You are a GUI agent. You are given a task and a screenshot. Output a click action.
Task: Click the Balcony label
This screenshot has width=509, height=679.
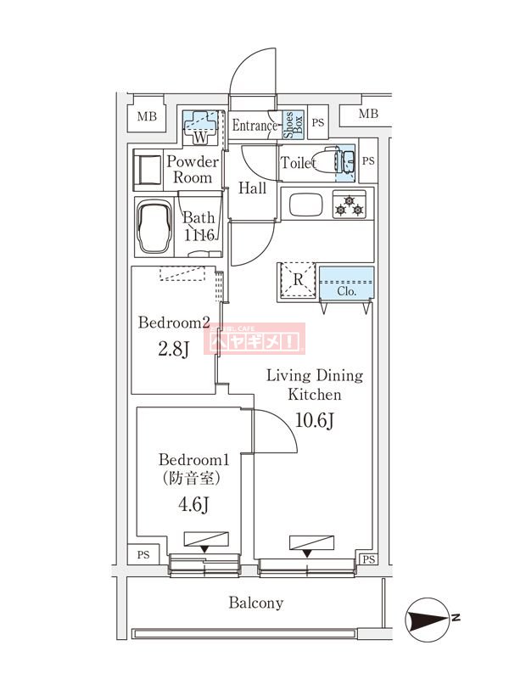255,603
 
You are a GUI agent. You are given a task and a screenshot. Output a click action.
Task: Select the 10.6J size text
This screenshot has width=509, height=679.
314,418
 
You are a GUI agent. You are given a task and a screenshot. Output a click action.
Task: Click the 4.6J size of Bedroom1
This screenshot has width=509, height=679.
194,504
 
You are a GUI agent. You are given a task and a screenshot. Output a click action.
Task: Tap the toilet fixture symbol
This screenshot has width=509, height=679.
325,161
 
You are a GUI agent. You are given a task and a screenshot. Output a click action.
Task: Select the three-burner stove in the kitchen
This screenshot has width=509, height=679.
348,205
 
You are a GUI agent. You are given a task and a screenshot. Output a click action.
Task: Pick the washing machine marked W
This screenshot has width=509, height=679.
200,127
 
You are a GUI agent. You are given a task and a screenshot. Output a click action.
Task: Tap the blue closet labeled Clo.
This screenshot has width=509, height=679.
346,283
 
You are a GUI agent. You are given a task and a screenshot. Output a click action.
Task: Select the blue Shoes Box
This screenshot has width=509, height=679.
288,125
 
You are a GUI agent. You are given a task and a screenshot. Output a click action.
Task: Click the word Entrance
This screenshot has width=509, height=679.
255,126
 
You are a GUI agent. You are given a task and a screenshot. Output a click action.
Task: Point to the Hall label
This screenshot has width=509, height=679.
252,188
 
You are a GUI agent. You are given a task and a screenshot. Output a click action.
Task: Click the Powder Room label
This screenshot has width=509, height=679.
193,170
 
